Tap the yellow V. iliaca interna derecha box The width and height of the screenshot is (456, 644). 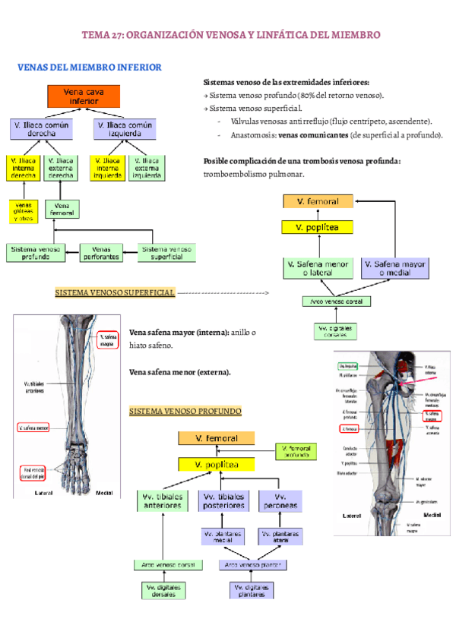tap(24, 167)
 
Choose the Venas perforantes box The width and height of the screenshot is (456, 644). tap(100, 252)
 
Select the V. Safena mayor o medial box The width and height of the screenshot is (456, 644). tap(394, 268)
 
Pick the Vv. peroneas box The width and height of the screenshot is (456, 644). tap(280, 500)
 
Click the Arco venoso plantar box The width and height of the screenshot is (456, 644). tap(253, 564)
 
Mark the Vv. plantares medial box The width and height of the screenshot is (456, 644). tap(223, 536)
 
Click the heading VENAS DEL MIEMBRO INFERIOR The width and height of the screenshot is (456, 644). tap(89, 68)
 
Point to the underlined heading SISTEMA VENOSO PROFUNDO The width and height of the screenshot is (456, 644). tap(185, 411)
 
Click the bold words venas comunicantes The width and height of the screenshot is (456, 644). tap(302, 134)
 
